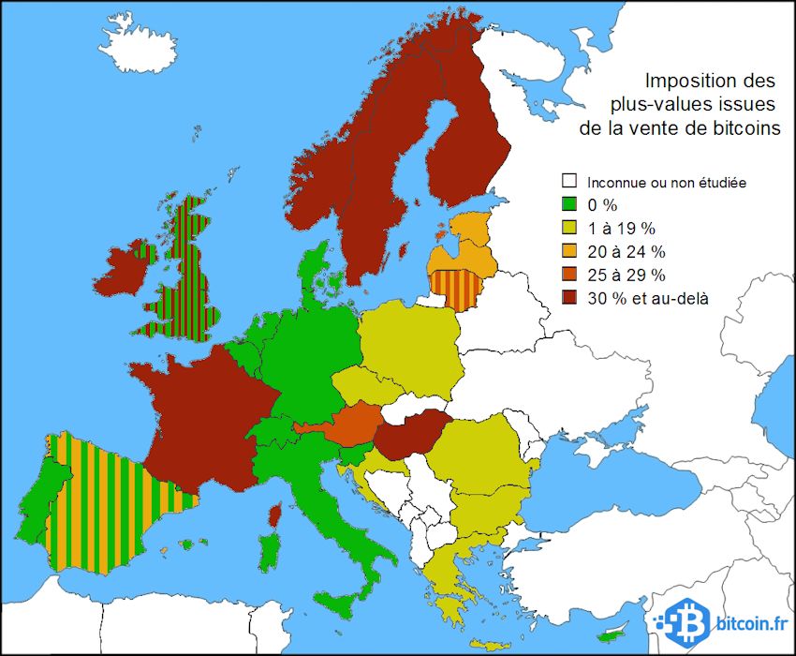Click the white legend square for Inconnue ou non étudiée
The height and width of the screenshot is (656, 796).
coord(568,181)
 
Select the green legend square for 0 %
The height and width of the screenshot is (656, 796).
coord(568,204)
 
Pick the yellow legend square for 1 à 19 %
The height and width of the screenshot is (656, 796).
coord(568,228)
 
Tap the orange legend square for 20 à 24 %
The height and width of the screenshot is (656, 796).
coord(568,251)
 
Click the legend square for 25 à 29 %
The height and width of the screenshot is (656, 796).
coord(568,275)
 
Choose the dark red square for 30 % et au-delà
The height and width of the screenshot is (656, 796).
coord(568,298)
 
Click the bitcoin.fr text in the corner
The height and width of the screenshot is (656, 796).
coord(750,622)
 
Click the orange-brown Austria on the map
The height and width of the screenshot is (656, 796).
coord(354,422)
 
